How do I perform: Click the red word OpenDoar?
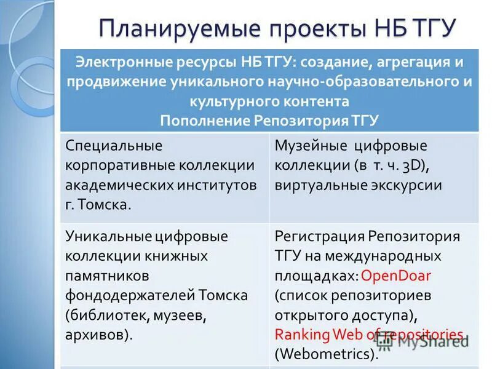coord(396,275)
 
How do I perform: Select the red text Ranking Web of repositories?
coord(368,334)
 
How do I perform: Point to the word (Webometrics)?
coord(326,354)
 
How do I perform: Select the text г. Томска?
coord(98,205)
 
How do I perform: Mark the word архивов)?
coord(99,335)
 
